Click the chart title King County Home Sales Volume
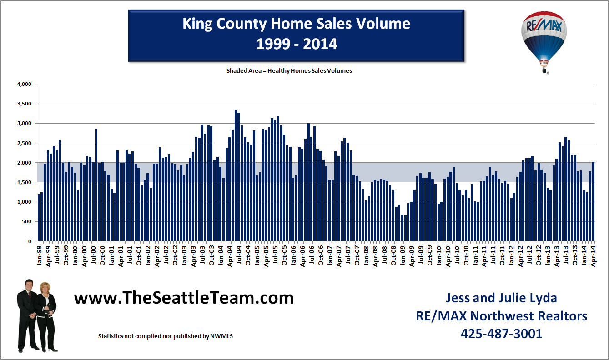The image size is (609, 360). pyautogui.click(x=296, y=24)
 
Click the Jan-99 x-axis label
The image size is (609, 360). pyautogui.click(x=40, y=254)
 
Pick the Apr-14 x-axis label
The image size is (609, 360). pyautogui.click(x=593, y=254)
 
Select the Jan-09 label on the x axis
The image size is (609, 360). pyautogui.click(x=403, y=254)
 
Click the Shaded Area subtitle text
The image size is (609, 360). pyautogui.click(x=289, y=71)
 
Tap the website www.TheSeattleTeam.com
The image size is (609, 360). pyautogui.click(x=184, y=298)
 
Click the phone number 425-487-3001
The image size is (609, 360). pyautogui.click(x=501, y=334)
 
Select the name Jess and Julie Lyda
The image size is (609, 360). pyautogui.click(x=501, y=298)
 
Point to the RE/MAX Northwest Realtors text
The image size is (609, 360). pyautogui.click(x=501, y=316)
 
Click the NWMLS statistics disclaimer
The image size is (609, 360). pyautogui.click(x=166, y=336)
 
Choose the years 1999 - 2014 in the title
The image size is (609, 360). pyautogui.click(x=296, y=44)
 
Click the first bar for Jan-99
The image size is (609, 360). pyautogui.click(x=39, y=218)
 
